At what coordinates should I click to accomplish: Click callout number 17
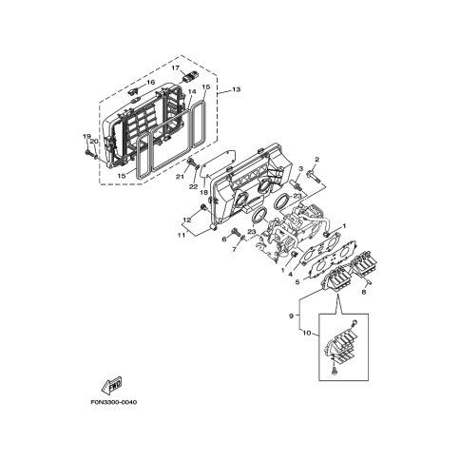click(x=176, y=68)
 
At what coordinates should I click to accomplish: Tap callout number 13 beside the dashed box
click(x=237, y=89)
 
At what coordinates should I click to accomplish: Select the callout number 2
click(x=316, y=160)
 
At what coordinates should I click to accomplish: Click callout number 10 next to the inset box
click(x=307, y=333)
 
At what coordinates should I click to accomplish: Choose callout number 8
click(x=364, y=292)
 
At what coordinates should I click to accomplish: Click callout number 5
click(x=297, y=281)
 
